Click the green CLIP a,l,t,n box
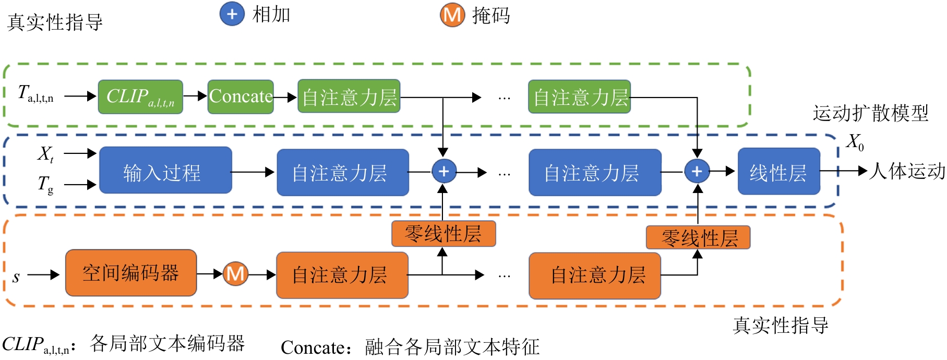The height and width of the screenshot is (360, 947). [140, 97]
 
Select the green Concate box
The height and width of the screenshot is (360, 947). [241, 97]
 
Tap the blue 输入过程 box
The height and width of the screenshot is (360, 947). [165, 171]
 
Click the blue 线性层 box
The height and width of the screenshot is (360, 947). [778, 172]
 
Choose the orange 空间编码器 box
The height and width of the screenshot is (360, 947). [131, 273]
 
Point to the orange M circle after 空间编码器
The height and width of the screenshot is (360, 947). [235, 274]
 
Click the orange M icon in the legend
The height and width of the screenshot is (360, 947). [452, 15]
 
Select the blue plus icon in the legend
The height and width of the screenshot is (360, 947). [232, 14]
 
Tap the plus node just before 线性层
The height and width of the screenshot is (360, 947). [697, 171]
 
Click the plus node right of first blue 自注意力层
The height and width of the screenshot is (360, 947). [443, 171]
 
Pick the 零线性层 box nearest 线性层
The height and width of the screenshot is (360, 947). [698, 238]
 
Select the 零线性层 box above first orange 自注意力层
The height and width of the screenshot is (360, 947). [443, 234]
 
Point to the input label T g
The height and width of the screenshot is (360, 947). [45, 184]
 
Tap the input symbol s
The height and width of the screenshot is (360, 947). [16, 277]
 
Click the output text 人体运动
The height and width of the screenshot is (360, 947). [907, 171]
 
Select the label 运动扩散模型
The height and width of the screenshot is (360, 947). [870, 113]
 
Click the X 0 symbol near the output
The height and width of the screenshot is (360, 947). [855, 141]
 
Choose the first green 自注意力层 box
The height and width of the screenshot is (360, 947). [349, 97]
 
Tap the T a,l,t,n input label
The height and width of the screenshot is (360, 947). [35, 94]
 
